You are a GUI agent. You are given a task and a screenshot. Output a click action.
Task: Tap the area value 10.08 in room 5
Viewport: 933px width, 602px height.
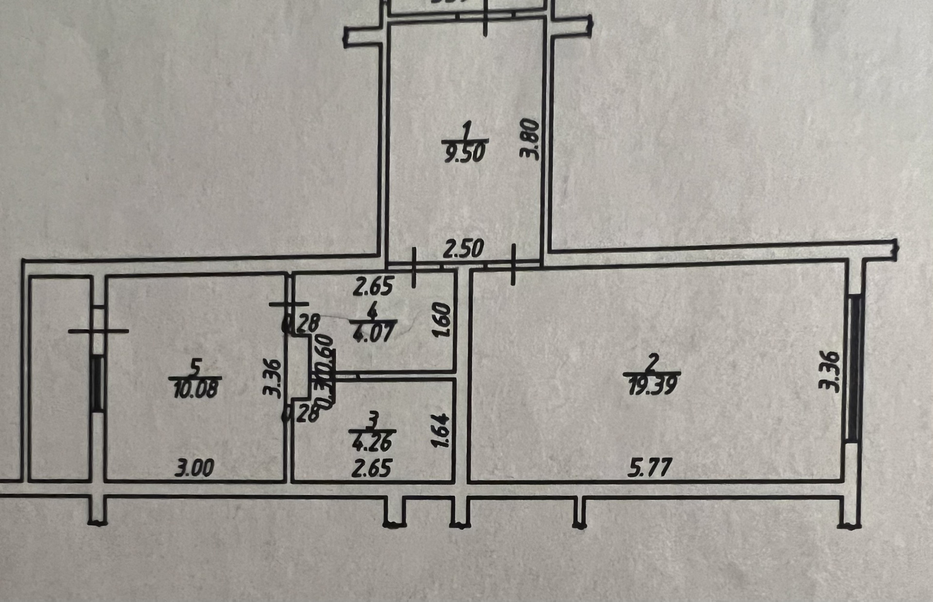[195, 389]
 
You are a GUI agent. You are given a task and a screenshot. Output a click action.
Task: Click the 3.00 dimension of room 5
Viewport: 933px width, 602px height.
[194, 469]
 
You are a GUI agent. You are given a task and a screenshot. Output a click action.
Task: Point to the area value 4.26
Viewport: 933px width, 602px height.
[373, 443]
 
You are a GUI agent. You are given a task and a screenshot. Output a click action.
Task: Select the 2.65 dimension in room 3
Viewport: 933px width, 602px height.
[372, 469]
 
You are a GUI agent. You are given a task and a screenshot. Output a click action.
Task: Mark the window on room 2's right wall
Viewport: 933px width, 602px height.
[854, 369]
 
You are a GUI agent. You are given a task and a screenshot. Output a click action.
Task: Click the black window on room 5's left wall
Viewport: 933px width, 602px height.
[98, 384]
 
